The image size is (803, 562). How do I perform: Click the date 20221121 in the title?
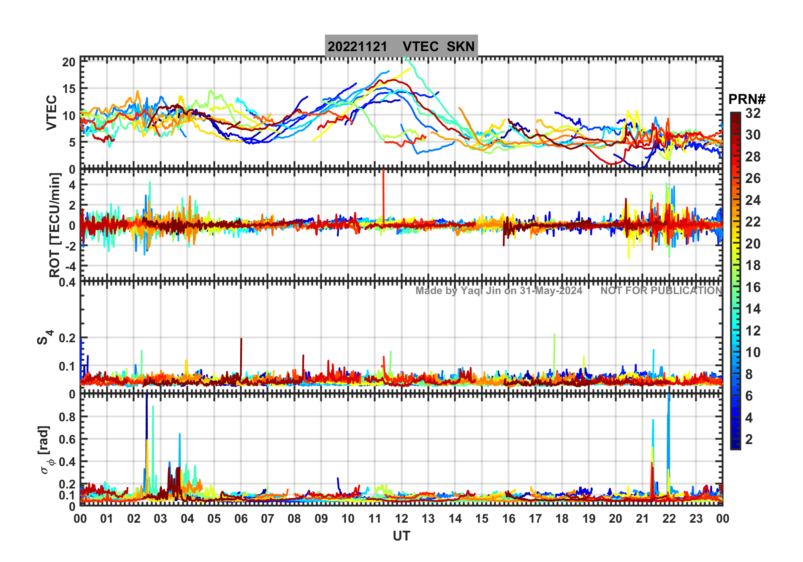357,46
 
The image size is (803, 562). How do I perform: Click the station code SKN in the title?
461,46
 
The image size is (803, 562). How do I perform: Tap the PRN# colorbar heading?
747,99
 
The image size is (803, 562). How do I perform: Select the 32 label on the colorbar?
753,113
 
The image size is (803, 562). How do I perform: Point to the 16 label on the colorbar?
753,287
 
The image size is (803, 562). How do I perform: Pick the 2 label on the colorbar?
749,439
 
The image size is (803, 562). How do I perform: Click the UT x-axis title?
401,536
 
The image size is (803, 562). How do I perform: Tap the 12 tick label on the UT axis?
401,518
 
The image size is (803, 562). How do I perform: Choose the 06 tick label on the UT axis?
241,518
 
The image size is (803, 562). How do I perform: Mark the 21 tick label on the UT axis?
642,518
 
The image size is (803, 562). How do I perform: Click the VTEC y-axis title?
51,112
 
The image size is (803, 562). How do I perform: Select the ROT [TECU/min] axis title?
54,225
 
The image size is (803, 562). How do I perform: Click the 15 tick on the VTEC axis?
69,89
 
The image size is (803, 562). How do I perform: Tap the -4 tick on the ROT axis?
70,266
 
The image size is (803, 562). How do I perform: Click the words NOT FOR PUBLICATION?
661,291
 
